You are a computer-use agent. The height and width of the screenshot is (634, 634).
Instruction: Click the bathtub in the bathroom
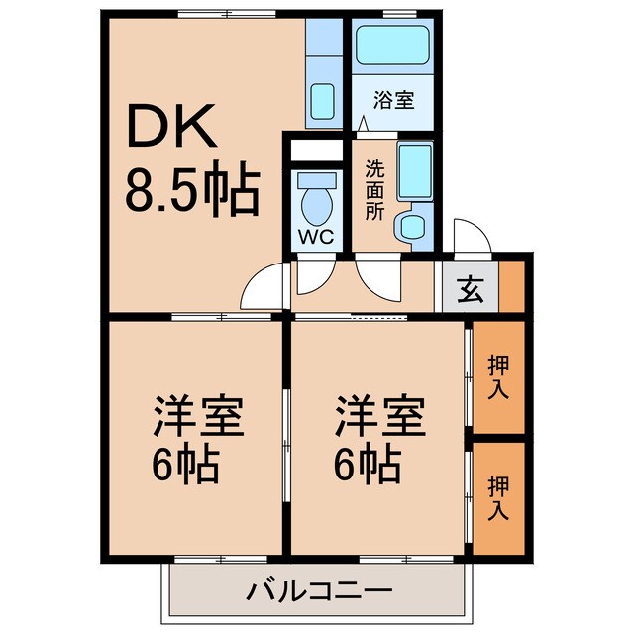(x=391, y=45)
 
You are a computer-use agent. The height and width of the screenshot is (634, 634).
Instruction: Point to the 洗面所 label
(x=372, y=190)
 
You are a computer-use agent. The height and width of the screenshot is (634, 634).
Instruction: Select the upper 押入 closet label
(x=498, y=377)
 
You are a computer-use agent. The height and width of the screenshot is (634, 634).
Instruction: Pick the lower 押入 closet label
(x=498, y=497)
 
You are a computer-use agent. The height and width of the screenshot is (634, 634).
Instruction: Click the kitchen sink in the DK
(x=322, y=100)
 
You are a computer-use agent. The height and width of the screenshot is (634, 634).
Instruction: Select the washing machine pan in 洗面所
(x=413, y=172)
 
